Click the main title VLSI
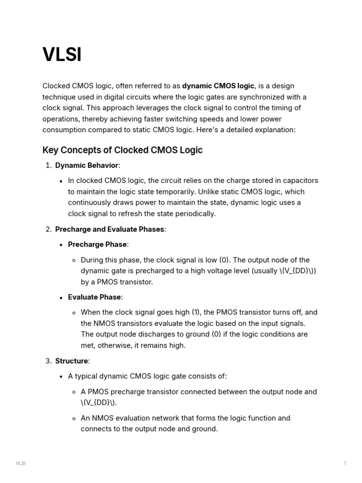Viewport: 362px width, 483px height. pos(62,55)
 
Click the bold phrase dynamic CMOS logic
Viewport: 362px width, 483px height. pos(218,86)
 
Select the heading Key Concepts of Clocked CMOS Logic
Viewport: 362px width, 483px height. pos(123,150)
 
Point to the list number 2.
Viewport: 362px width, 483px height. pos(48,229)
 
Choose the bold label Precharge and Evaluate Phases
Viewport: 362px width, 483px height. pos(110,229)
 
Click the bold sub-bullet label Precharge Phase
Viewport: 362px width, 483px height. pos(97,244)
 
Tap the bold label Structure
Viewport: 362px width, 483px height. pos(72,361)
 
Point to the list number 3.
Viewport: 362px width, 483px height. pos(48,361)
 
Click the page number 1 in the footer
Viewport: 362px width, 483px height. pos(345,463)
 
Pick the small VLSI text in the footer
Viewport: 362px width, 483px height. pos(21,463)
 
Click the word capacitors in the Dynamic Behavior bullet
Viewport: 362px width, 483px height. pos(300,181)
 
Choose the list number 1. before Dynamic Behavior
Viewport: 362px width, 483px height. pos(48,166)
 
